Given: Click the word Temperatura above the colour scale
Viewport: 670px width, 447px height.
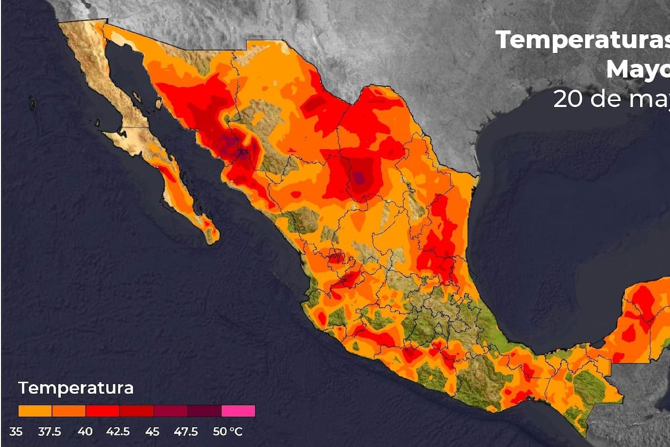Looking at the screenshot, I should (x=76, y=388).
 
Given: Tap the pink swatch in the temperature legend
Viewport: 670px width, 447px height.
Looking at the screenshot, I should (x=238, y=411).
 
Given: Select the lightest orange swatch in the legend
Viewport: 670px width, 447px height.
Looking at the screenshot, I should (x=35, y=411).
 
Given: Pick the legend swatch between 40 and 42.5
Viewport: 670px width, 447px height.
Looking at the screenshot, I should (x=103, y=411).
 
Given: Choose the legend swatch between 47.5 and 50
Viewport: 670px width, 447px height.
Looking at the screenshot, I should (x=204, y=411).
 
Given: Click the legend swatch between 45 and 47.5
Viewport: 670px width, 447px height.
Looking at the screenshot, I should (x=170, y=411).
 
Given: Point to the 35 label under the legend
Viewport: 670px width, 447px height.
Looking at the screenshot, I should (x=17, y=432).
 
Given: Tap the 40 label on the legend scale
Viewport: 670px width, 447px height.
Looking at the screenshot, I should (x=85, y=432).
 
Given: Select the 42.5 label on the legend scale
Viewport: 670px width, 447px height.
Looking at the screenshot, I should (x=119, y=432).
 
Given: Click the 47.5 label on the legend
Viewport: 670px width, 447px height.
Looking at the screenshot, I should (x=186, y=432).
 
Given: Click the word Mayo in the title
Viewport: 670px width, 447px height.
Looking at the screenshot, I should (x=637, y=70).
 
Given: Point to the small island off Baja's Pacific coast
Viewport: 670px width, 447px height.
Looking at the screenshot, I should (x=32, y=103).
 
